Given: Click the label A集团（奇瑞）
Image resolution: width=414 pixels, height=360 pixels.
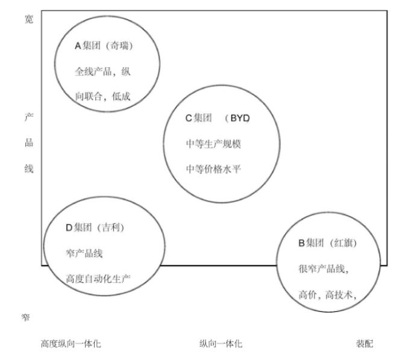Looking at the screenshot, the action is pyautogui.click(x=103, y=47).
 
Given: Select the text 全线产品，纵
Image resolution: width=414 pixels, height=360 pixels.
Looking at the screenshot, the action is pyautogui.click(x=102, y=72).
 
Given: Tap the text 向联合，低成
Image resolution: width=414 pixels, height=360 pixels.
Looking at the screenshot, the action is pyautogui.click(x=102, y=96).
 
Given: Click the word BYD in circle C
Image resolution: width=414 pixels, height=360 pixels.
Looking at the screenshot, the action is pyautogui.click(x=239, y=119).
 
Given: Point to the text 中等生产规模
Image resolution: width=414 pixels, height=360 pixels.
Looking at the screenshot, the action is pyautogui.click(x=213, y=144).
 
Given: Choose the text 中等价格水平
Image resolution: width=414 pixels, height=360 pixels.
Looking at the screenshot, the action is pyautogui.click(x=213, y=169).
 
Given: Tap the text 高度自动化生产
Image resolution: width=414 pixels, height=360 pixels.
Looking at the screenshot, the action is pyautogui.click(x=98, y=278).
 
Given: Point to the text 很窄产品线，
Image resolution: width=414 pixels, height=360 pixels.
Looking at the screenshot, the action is pyautogui.click(x=324, y=268).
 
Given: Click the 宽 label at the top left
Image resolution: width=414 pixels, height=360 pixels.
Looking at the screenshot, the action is pyautogui.click(x=28, y=19).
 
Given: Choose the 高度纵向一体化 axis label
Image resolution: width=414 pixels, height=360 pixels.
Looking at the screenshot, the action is pyautogui.click(x=71, y=344).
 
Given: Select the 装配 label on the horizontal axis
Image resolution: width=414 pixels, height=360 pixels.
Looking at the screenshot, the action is pyautogui.click(x=364, y=344).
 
